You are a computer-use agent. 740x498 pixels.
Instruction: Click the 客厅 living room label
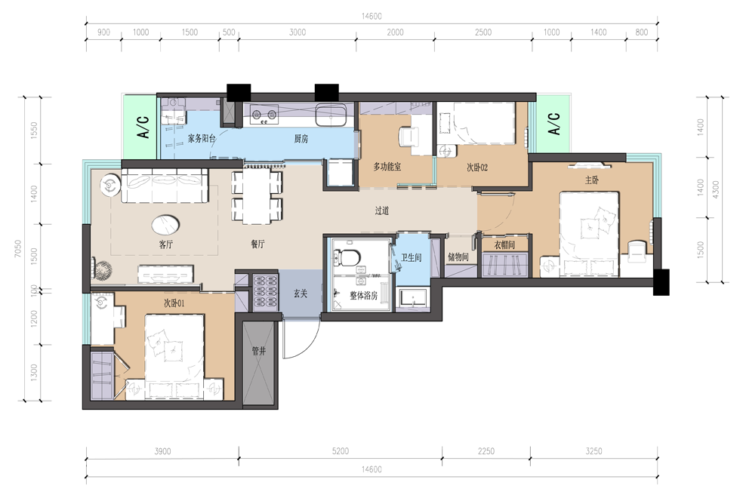[166, 244]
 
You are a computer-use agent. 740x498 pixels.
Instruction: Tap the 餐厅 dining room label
[257, 244]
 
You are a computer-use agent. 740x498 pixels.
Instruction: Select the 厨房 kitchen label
[301, 139]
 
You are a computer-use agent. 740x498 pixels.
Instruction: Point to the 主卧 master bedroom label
[592, 180]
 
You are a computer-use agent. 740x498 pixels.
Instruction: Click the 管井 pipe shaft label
[258, 351]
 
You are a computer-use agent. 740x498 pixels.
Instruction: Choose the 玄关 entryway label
[301, 294]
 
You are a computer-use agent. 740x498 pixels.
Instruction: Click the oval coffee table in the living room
[165, 225]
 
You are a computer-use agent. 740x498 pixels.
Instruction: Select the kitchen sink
[331, 115]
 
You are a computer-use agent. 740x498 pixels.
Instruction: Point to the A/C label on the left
[143, 127]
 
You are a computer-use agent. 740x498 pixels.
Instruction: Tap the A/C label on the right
[554, 124]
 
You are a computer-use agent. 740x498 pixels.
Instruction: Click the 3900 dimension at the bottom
[162, 451]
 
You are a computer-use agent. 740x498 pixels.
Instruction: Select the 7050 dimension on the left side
[18, 248]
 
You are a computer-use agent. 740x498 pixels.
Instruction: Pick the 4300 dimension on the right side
[716, 189]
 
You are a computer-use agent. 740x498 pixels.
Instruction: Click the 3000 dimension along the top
[298, 32]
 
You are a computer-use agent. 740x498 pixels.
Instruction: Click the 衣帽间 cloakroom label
[504, 244]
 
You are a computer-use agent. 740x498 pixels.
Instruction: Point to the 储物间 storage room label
[458, 257]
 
